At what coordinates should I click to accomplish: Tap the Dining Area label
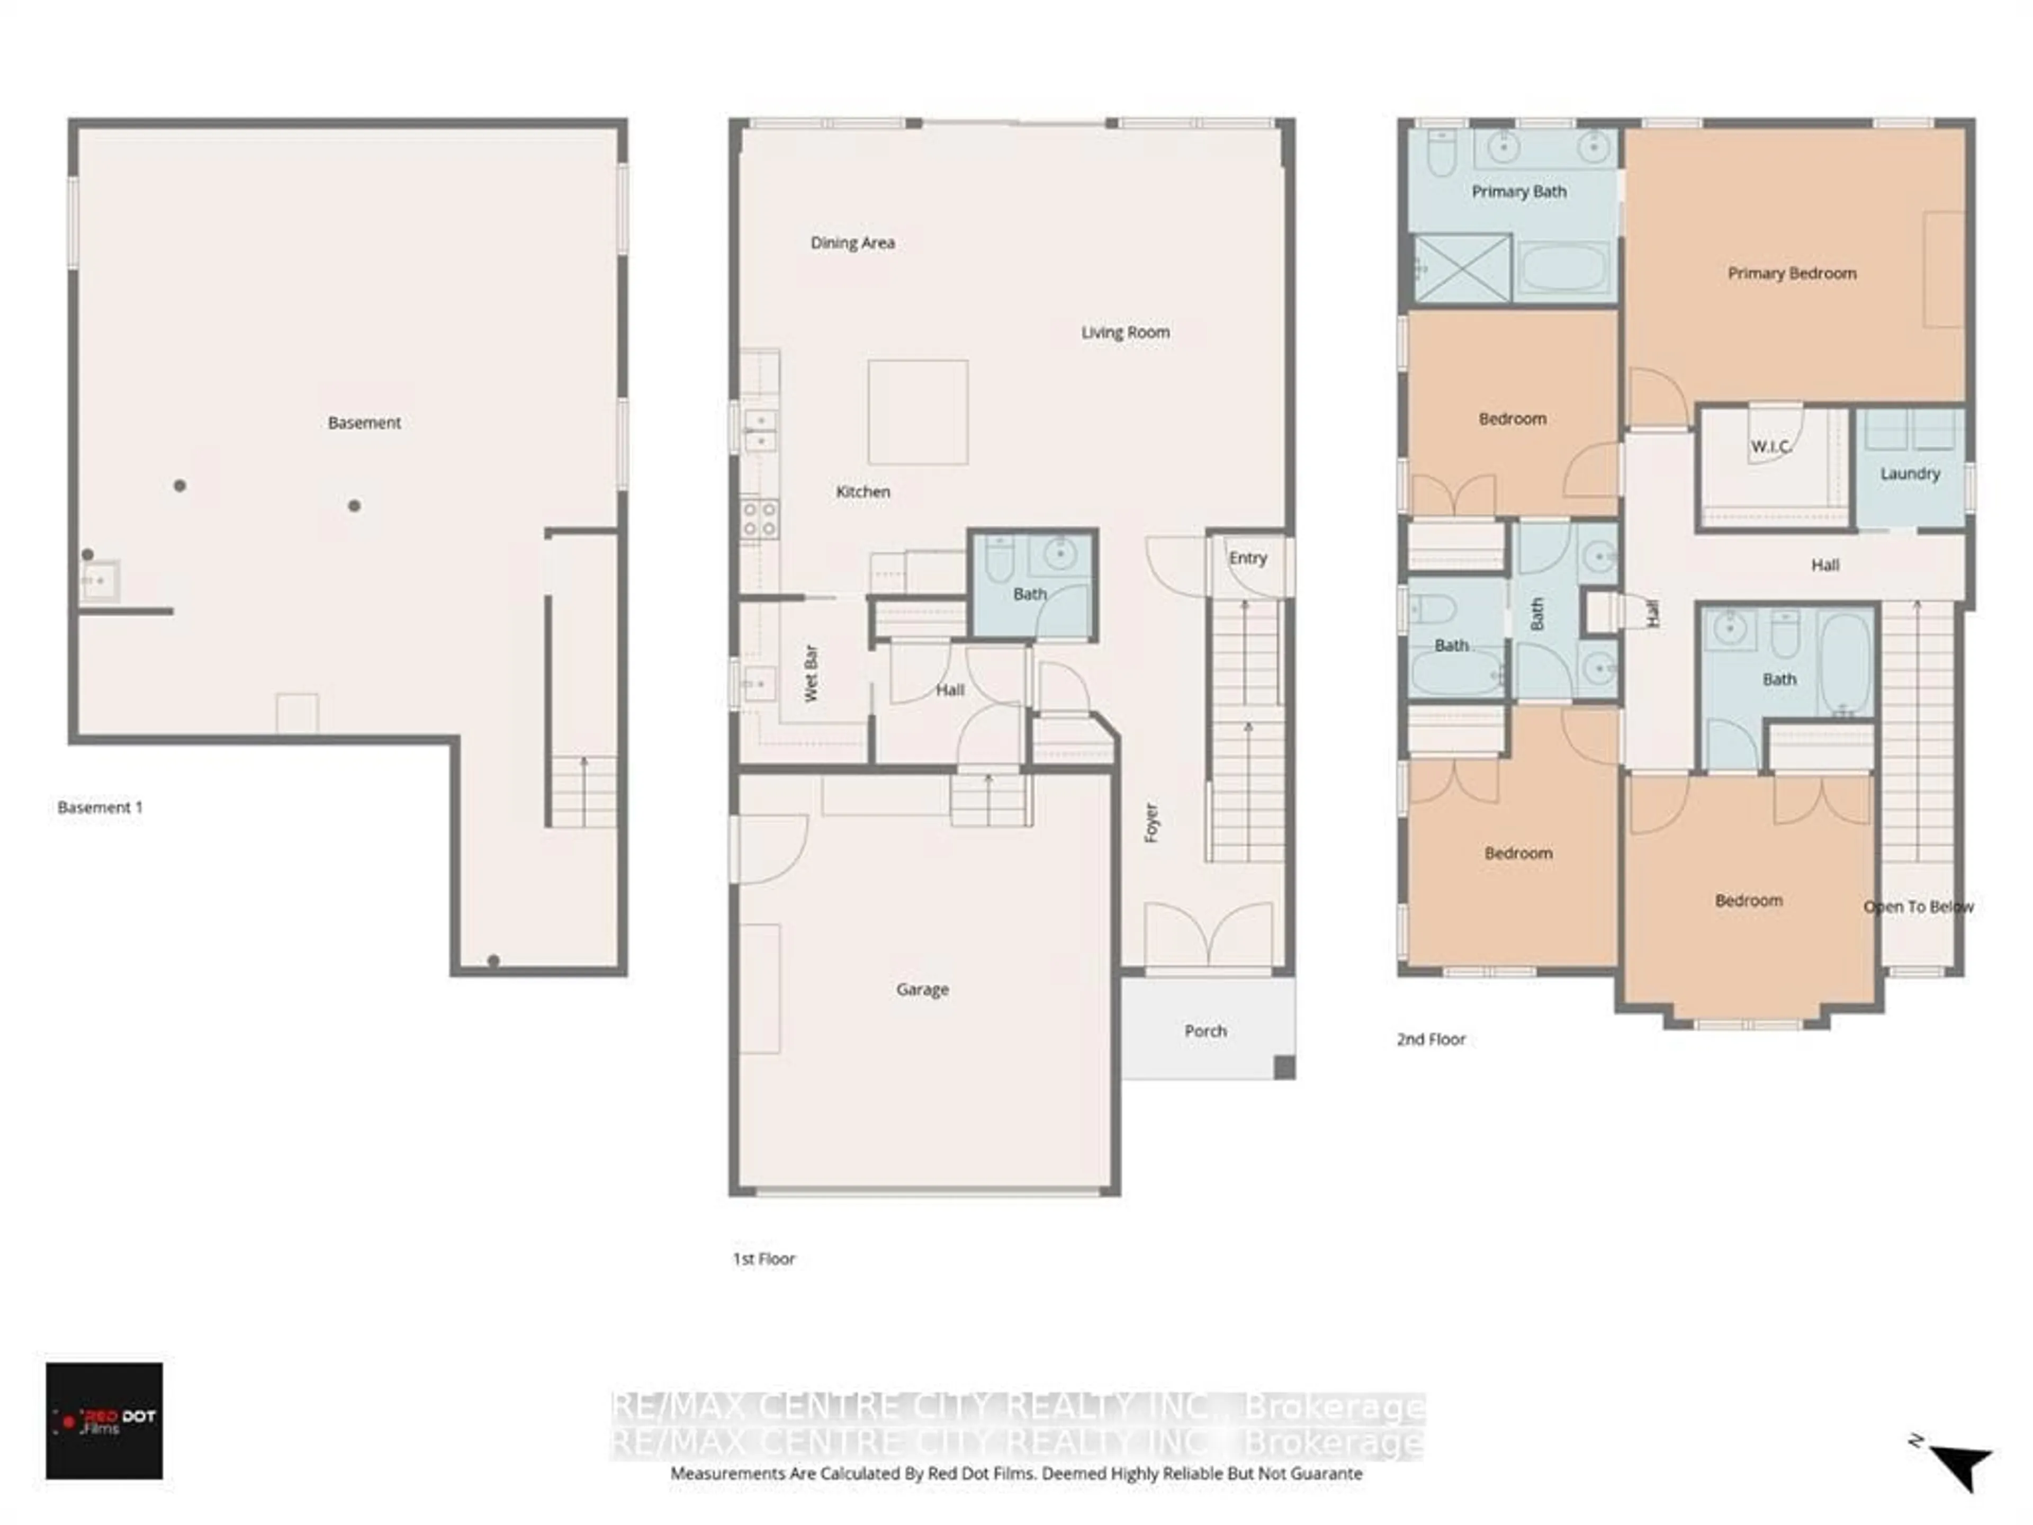852,243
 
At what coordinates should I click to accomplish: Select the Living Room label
1125,332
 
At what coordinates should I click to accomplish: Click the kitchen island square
917,412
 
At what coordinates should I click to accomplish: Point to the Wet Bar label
811,674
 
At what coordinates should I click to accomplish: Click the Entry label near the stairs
1247,558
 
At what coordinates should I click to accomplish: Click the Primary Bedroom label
1791,273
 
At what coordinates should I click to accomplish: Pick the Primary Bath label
1518,191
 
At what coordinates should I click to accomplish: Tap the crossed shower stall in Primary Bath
1461,267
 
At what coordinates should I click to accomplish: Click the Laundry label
1910,473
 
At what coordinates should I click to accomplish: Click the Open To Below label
1918,907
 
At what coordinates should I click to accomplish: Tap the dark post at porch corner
1284,1067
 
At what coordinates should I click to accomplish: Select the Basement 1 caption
99,807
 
